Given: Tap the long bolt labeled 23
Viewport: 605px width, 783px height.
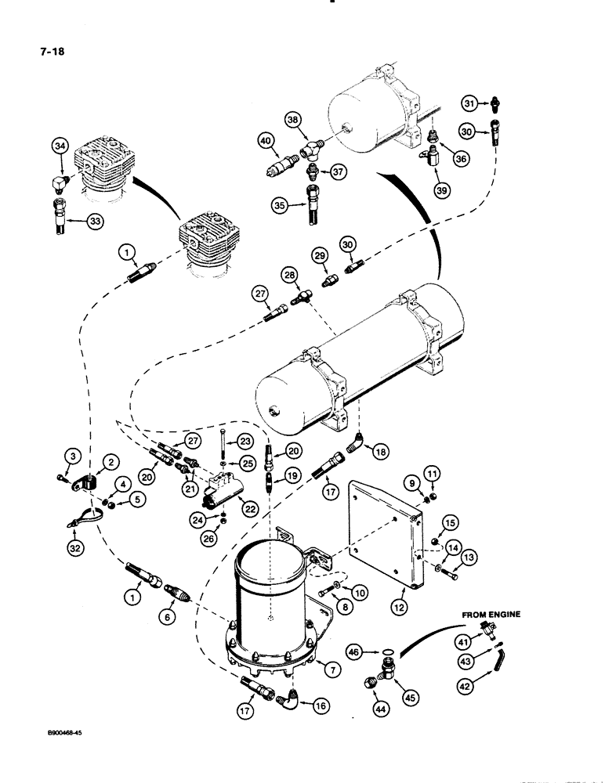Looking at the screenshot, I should click(224, 444).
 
